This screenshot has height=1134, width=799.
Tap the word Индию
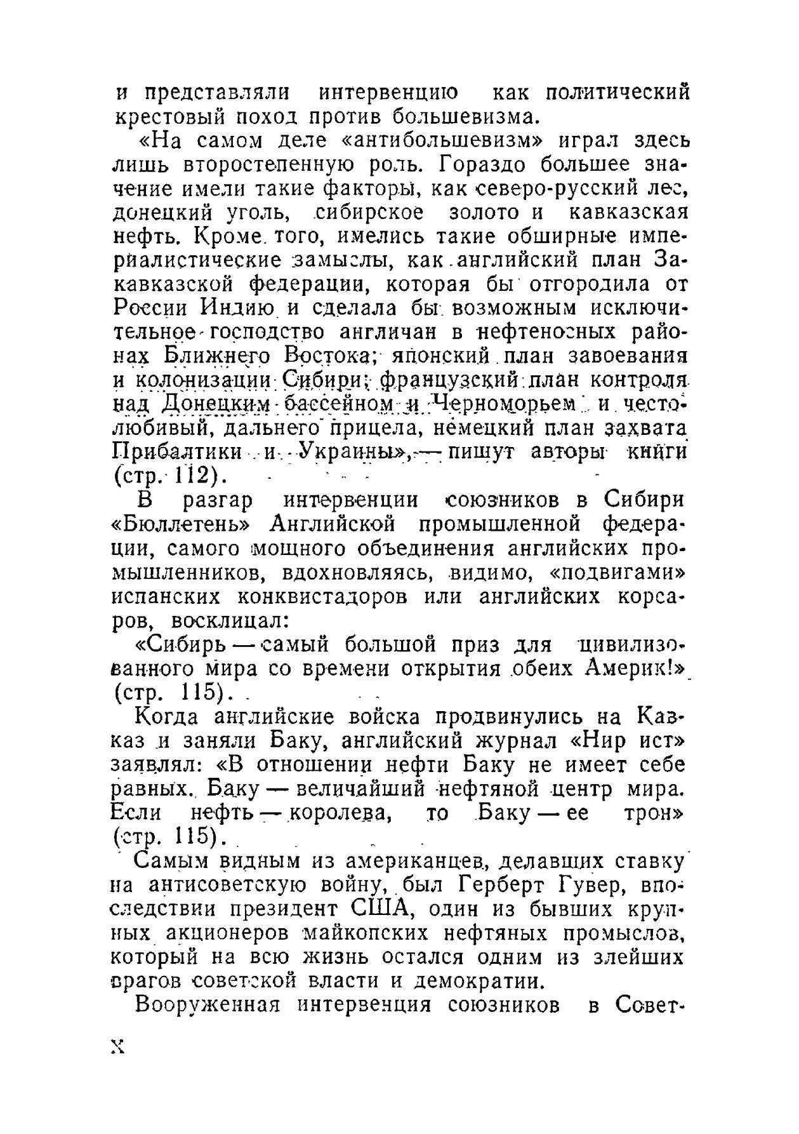[237, 308]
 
